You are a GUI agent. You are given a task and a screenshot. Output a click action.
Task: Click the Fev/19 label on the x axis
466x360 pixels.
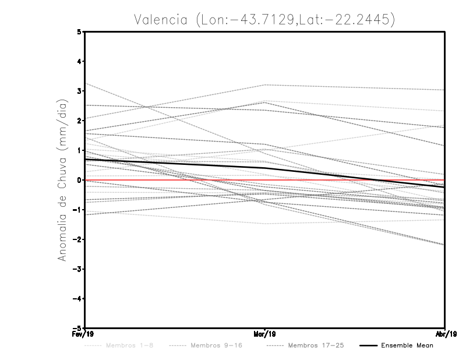pyautogui.click(x=84, y=334)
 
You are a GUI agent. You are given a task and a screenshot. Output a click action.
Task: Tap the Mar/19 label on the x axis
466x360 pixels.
pyautogui.click(x=265, y=334)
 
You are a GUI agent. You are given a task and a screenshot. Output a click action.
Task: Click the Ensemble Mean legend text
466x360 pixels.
pyautogui.click(x=407, y=345)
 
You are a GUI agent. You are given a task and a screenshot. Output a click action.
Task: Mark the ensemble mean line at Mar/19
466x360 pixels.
pyautogui.click(x=265, y=168)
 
